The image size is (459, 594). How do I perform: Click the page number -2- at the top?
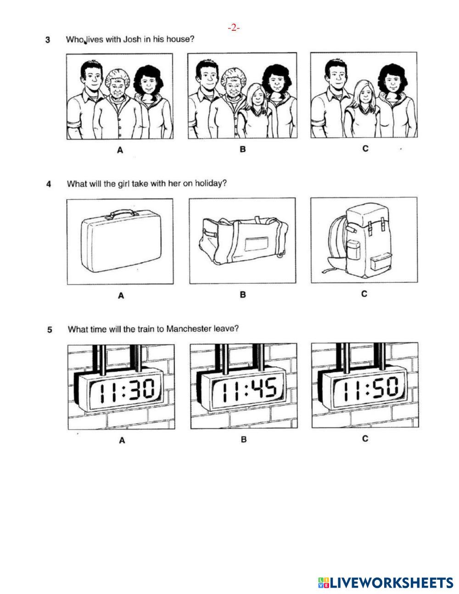click(234, 28)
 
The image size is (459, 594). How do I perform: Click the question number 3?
click(48, 40)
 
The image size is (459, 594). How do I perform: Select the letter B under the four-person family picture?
click(243, 149)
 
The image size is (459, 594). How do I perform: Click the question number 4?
click(49, 185)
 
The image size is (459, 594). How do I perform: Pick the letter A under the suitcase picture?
click(121, 296)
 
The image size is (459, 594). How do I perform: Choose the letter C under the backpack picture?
click(364, 294)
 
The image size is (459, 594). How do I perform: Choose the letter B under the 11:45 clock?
click(244, 440)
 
